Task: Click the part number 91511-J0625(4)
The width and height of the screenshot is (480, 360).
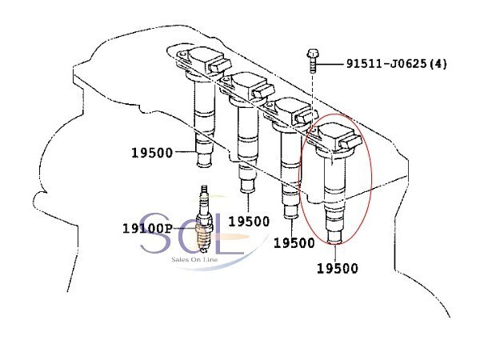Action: tap(397, 64)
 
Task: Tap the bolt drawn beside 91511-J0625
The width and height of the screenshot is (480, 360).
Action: tap(313, 61)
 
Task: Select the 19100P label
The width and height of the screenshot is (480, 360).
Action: tap(147, 228)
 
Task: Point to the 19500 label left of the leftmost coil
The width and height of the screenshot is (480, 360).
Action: tap(152, 153)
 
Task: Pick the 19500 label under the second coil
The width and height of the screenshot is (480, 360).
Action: tap(249, 222)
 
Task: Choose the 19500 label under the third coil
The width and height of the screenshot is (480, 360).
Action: tap(294, 242)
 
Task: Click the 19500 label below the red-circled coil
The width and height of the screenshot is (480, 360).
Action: tap(338, 268)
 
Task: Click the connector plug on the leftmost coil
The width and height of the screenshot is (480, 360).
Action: tap(219, 65)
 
